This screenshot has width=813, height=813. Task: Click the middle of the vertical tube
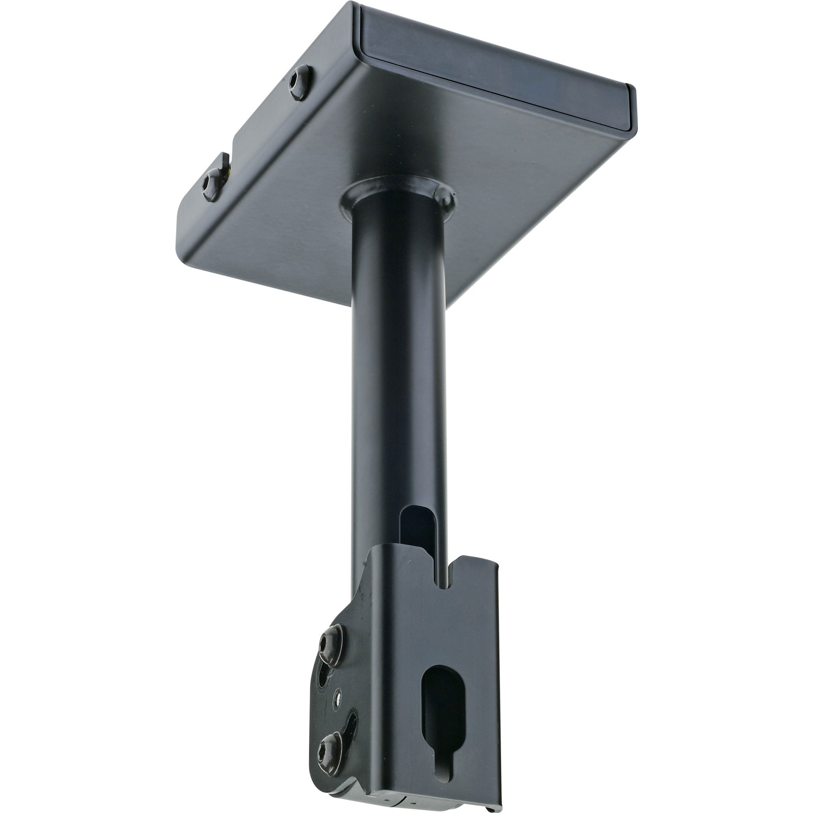(x=398, y=379)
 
